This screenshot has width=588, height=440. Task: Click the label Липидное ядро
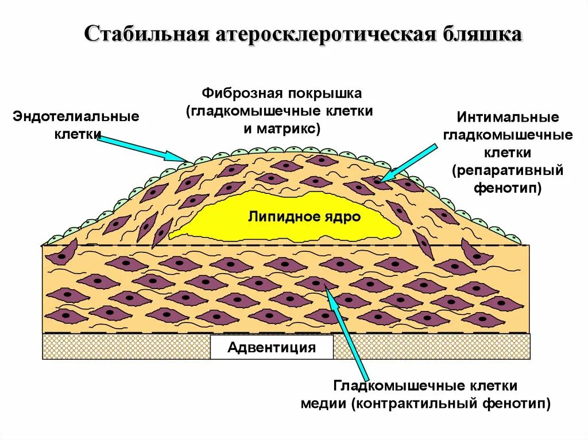click(304, 217)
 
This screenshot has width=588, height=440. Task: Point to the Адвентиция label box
click(272, 347)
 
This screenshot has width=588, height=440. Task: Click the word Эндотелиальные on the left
click(76, 117)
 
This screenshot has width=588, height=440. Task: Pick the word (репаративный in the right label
click(507, 171)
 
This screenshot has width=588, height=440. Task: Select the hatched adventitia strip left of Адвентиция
click(126, 346)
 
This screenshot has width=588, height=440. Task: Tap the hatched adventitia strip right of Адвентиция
click(431, 346)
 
